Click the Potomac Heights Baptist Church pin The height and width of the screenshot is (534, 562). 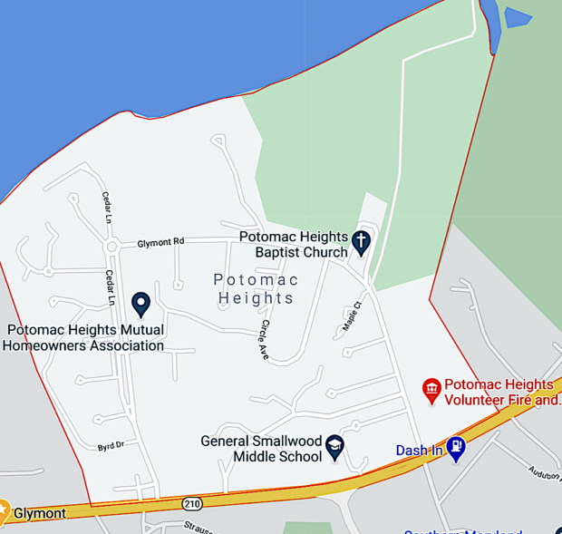coord(362,242)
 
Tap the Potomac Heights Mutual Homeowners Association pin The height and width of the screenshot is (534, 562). coord(140,304)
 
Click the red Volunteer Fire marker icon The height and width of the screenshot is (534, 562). coord(431,391)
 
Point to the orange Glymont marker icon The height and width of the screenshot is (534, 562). coord(4,511)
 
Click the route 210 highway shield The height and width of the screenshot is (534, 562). coord(191,502)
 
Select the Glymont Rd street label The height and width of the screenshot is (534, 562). coord(160,242)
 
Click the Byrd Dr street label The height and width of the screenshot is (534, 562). coord(111,445)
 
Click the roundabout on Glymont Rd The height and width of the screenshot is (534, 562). coord(111,247)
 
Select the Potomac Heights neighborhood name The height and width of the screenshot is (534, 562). coord(255,288)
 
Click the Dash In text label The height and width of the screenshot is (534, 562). coord(420,451)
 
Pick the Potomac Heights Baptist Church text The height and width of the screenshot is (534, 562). coord(293,244)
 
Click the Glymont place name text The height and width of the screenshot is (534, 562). coord(39,513)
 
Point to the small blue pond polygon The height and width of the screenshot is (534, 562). coord(518,17)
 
